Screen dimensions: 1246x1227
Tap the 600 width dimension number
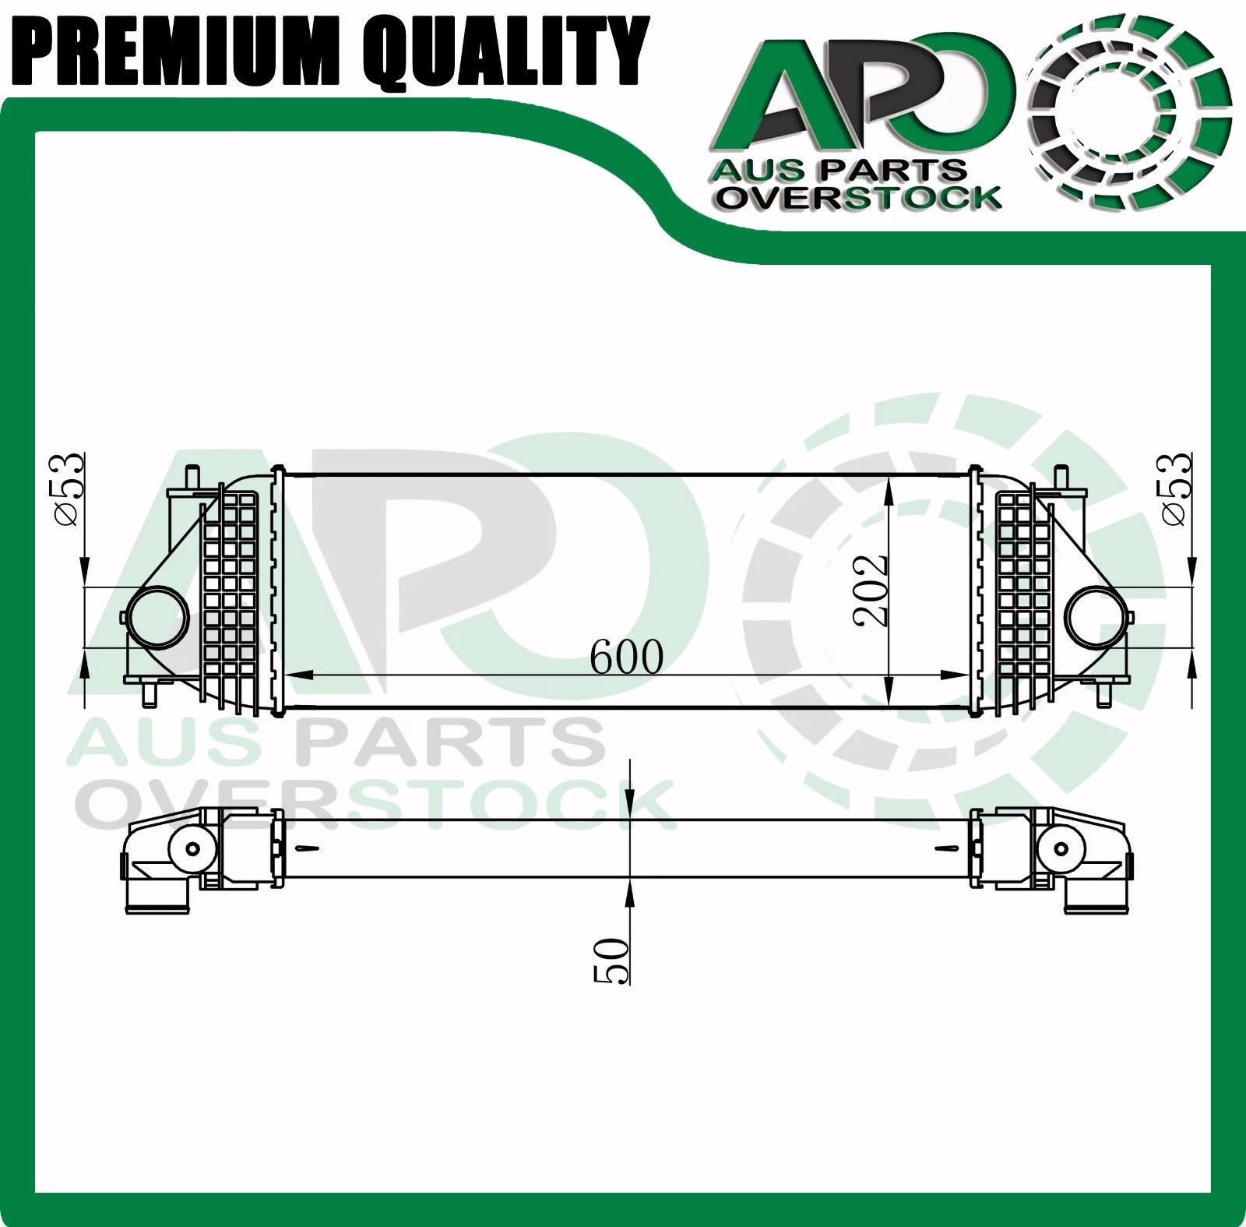(x=626, y=658)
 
